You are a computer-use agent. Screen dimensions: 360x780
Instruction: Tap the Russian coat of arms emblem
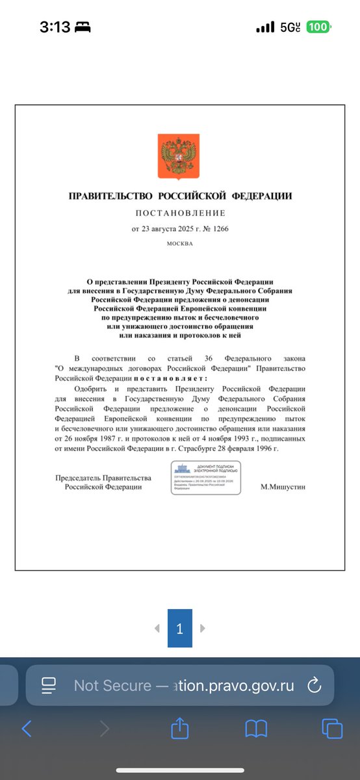(x=171, y=157)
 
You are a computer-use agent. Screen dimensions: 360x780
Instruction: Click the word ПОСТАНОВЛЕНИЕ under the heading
(x=180, y=213)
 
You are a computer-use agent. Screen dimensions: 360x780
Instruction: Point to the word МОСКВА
(x=180, y=244)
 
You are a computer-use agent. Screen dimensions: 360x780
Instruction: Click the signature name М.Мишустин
(x=282, y=486)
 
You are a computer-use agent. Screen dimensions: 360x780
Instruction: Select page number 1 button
(x=180, y=629)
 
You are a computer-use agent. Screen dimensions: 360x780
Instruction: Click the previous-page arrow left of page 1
(x=157, y=629)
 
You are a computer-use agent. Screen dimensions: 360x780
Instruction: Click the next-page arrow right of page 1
(x=203, y=629)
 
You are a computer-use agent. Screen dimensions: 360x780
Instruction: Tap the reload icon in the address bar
(x=313, y=684)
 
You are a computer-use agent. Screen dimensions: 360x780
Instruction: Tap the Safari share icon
(x=180, y=728)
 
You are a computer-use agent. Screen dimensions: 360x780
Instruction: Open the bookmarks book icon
(x=256, y=728)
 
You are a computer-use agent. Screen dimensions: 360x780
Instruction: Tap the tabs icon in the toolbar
(x=331, y=728)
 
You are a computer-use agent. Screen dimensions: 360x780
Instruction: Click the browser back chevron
(x=26, y=728)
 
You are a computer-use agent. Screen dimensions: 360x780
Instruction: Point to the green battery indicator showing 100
(x=318, y=27)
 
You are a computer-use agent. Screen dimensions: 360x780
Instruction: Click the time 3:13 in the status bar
(x=55, y=27)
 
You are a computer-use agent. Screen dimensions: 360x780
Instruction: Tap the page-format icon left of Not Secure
(x=48, y=684)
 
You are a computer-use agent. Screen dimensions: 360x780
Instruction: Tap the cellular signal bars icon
(x=265, y=27)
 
